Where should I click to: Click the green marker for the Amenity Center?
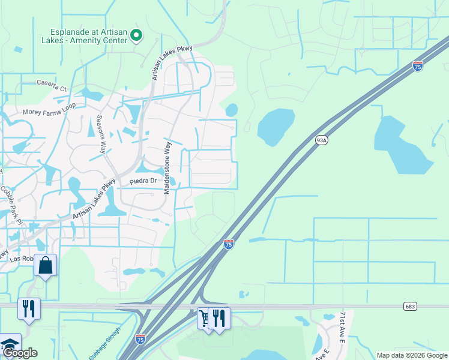click(x=136, y=36)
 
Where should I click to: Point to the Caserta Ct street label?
click(x=53, y=85)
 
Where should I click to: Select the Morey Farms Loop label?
click(x=49, y=112)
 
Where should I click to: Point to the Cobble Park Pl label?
click(x=11, y=204)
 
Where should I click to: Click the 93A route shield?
click(x=322, y=140)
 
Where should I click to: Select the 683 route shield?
click(x=410, y=306)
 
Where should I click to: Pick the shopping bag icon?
click(x=46, y=265)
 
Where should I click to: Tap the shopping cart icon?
click(x=206, y=318)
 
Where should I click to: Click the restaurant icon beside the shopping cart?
click(x=220, y=318)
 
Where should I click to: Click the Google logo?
click(x=19, y=353)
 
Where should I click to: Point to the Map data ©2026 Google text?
click(x=412, y=355)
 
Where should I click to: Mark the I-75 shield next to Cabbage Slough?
click(x=140, y=339)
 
